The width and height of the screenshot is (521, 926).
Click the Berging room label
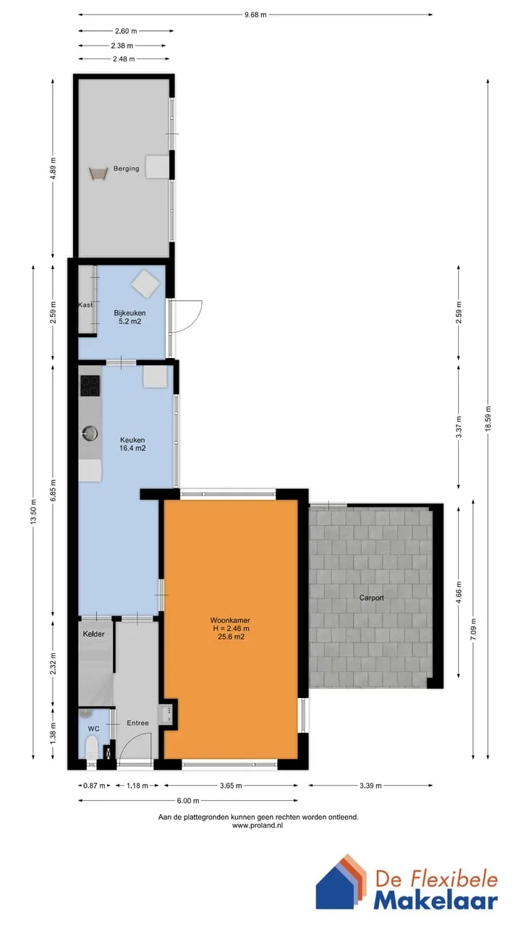(x=126, y=169)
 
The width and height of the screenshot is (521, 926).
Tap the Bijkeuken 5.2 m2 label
(x=130, y=317)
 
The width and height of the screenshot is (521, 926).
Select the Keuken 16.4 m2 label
(x=132, y=444)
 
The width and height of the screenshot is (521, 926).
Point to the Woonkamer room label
(x=230, y=620)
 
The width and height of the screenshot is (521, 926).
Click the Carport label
(x=371, y=598)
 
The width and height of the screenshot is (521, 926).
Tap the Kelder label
(x=93, y=634)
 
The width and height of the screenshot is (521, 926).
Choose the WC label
(x=93, y=729)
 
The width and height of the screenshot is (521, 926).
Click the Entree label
(x=137, y=723)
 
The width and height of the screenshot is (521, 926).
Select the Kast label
(x=85, y=305)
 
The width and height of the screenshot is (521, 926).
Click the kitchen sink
(x=90, y=433)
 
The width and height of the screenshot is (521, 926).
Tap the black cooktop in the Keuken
(x=90, y=386)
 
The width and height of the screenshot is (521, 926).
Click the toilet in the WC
(x=91, y=749)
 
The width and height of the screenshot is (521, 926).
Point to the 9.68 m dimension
(x=255, y=15)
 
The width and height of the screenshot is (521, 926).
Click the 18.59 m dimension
(x=488, y=418)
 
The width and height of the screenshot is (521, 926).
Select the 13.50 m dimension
(x=33, y=511)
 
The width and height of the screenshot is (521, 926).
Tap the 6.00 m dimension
(x=188, y=801)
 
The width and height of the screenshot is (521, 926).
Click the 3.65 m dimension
(x=231, y=786)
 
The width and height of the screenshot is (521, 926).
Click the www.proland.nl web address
(x=258, y=825)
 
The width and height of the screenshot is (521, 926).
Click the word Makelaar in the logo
(x=436, y=901)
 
